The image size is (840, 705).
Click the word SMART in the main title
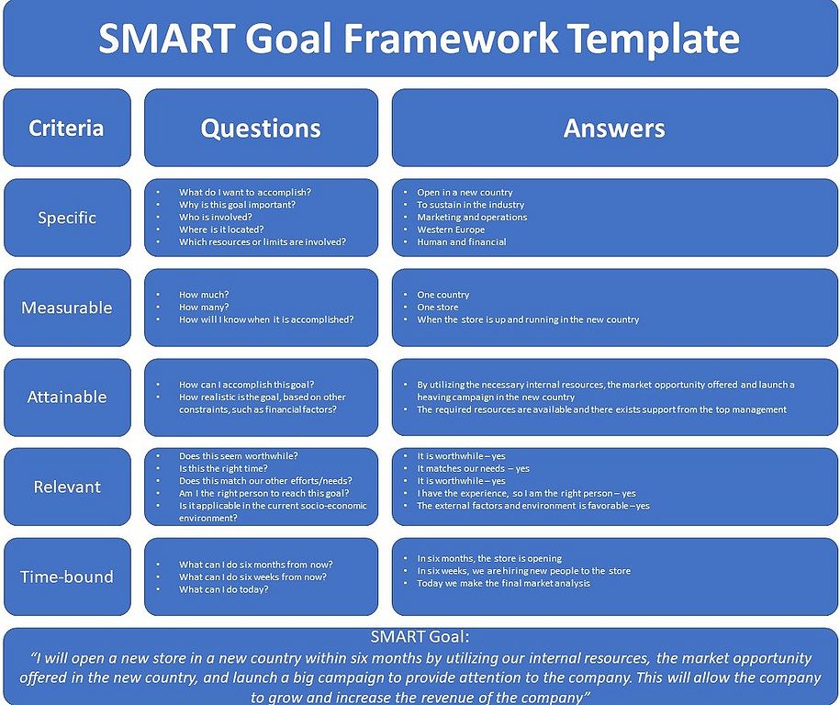pos(166,38)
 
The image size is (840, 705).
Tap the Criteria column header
pos(66,128)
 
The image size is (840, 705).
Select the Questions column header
pos(261,129)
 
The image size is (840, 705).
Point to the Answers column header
pos(614,128)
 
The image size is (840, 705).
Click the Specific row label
pos(67,218)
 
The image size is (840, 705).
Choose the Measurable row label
pos(67,308)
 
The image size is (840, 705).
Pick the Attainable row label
pos(67,397)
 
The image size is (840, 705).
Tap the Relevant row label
pos(67,487)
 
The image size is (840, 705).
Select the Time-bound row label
pos(67,577)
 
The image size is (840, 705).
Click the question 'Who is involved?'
pos(216,217)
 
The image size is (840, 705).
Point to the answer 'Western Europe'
pos(451,229)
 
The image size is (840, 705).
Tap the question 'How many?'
pos(204,307)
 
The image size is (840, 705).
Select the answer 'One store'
pos(438,307)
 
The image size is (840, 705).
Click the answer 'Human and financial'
pos(461,241)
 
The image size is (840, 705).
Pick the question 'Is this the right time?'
pos(223,468)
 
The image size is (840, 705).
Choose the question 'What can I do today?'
pos(223,589)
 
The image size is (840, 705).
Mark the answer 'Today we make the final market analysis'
pos(504,584)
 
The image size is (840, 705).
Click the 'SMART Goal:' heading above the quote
pos(420,637)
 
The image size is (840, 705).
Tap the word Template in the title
pos(654,39)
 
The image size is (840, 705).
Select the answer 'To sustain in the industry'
pos(471,205)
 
